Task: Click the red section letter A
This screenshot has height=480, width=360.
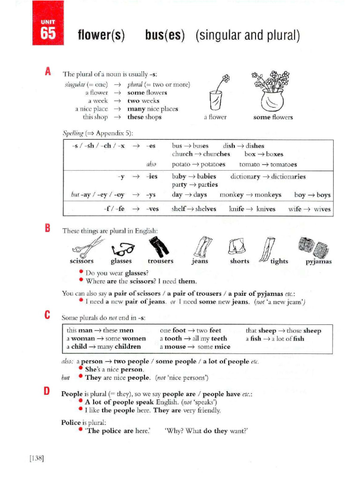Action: tap(47, 72)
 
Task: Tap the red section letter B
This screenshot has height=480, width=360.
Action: tap(47, 228)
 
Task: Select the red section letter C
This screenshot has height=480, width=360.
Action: tap(47, 315)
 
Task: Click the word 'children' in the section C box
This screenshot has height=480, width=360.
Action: tap(125, 346)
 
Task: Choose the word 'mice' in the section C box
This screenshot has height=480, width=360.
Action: tap(222, 346)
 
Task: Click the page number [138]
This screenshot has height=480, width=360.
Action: tap(36, 458)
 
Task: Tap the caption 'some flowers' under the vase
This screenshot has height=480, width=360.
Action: tap(273, 117)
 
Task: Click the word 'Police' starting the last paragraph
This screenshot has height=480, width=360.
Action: tap(71, 422)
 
